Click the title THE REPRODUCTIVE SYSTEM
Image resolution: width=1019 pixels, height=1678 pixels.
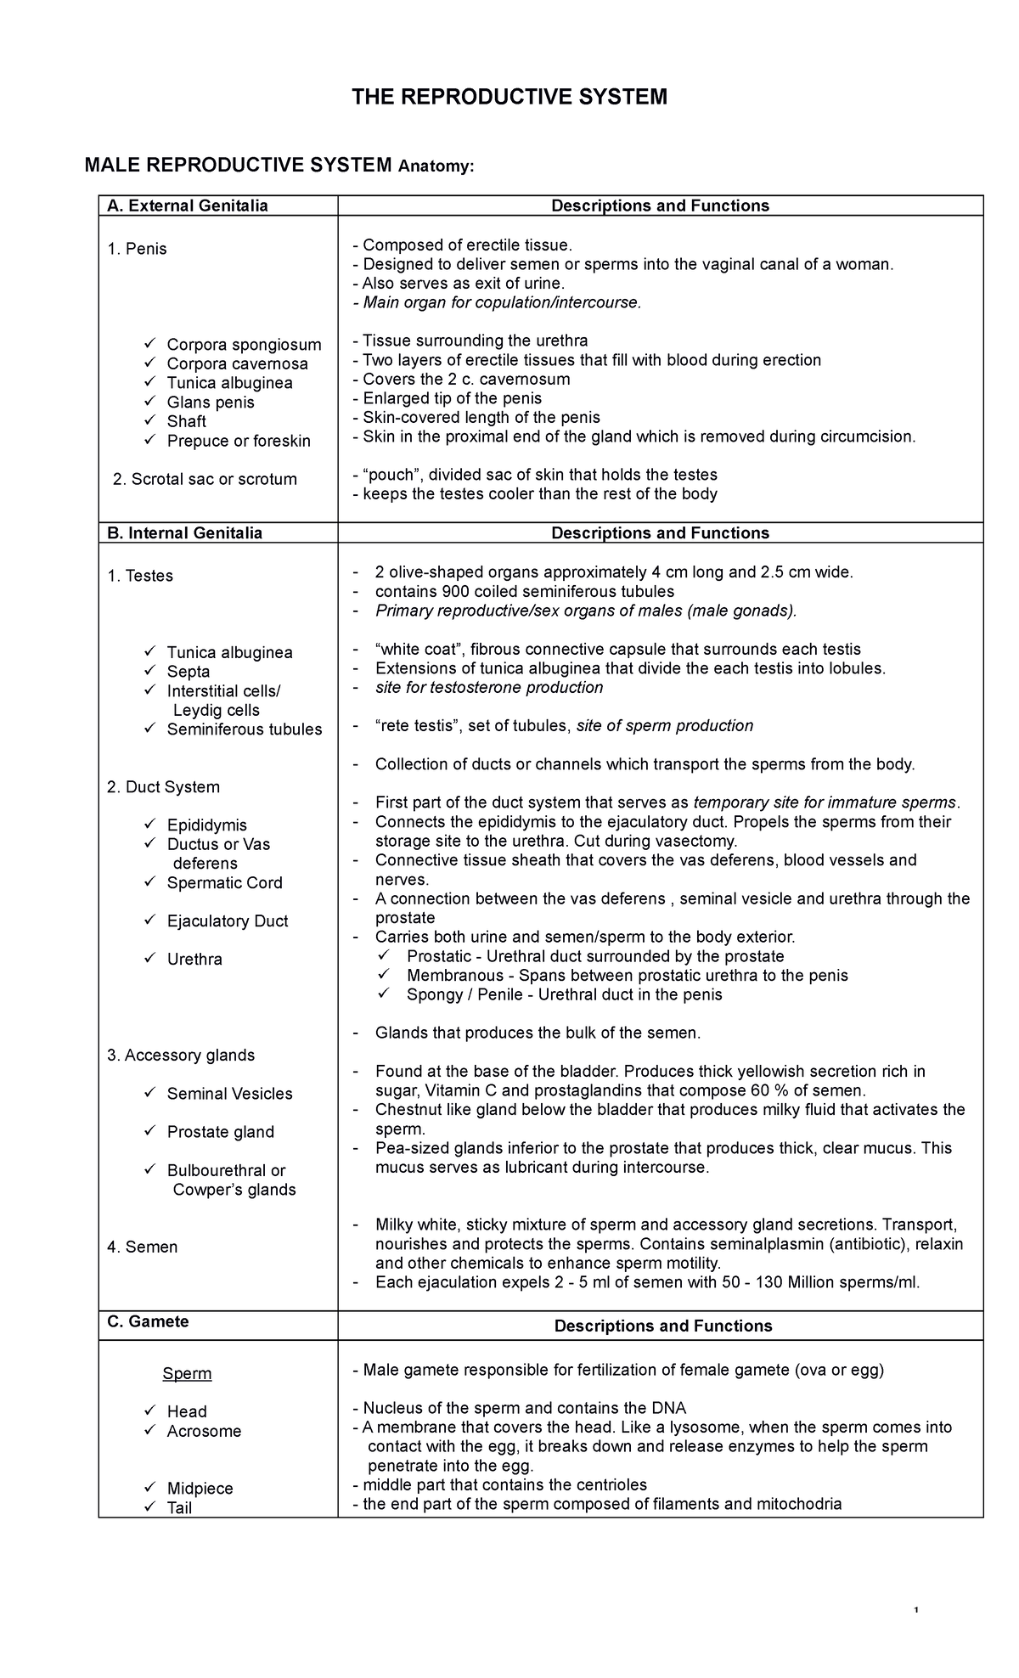(x=509, y=98)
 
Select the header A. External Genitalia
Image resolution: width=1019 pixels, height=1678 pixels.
(x=187, y=206)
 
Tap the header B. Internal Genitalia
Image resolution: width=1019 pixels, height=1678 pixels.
(x=184, y=533)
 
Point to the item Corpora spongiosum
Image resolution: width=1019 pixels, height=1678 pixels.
(x=244, y=345)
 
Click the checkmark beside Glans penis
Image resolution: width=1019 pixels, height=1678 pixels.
(x=150, y=402)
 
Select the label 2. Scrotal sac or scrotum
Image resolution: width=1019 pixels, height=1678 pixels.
(x=205, y=479)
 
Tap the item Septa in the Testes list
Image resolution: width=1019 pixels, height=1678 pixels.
(x=189, y=672)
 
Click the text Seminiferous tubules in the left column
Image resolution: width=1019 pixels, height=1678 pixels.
(x=245, y=729)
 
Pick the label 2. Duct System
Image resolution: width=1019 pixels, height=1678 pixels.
(x=163, y=787)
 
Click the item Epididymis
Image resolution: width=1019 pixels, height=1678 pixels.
(x=207, y=825)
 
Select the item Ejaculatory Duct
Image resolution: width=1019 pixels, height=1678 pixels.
(x=228, y=921)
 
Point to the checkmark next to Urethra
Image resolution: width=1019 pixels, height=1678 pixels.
(x=150, y=959)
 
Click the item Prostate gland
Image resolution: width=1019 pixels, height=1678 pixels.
(x=221, y=1132)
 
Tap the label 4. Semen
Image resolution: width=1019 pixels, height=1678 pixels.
(x=143, y=1247)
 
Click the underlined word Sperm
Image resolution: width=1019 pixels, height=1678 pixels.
(x=187, y=1374)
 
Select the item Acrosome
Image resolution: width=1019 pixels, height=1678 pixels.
(x=204, y=1432)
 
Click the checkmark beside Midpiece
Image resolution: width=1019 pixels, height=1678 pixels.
(x=150, y=1488)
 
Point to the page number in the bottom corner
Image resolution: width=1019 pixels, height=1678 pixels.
(x=915, y=1612)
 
